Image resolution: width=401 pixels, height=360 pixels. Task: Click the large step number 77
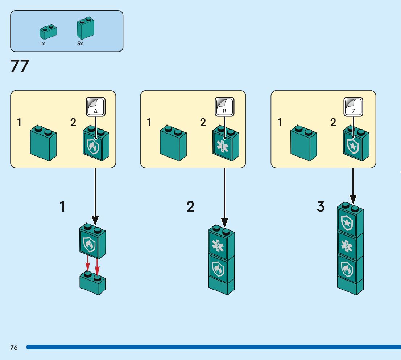(x=20, y=66)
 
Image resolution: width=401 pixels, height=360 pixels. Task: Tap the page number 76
(x=14, y=348)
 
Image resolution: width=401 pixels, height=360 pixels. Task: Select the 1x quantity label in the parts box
(x=42, y=44)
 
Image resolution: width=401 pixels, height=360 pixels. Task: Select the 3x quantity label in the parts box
(x=80, y=44)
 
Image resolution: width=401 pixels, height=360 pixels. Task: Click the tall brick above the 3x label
(x=85, y=29)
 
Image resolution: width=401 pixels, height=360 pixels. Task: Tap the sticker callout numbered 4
(x=95, y=107)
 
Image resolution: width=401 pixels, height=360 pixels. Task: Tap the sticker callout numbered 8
(x=224, y=107)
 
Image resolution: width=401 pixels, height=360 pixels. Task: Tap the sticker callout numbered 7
(x=353, y=107)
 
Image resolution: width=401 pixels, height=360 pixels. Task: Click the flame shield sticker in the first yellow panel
(x=92, y=145)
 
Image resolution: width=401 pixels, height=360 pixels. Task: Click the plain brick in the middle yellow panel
(x=173, y=143)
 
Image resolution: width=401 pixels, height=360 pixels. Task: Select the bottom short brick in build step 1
(x=92, y=283)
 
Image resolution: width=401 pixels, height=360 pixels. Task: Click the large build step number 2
(x=190, y=207)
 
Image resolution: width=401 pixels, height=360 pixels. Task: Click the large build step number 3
(x=321, y=207)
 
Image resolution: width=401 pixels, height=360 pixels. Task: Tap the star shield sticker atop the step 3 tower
(x=347, y=223)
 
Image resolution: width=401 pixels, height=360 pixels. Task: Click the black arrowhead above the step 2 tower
(x=225, y=221)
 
